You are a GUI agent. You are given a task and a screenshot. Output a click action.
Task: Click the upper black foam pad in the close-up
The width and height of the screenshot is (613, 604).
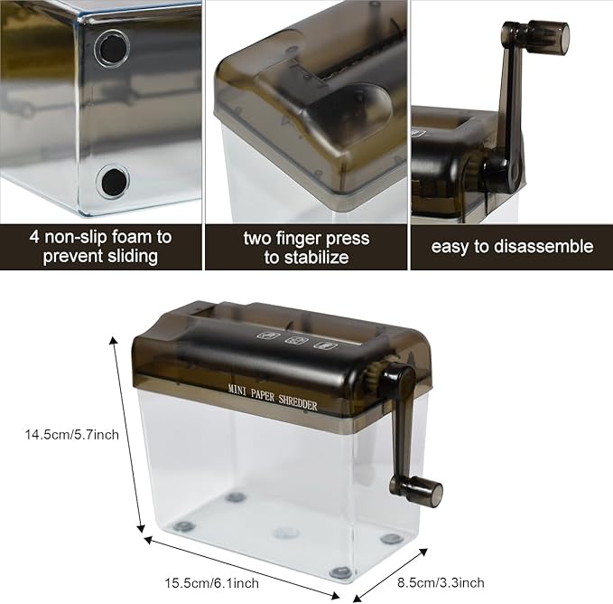113,49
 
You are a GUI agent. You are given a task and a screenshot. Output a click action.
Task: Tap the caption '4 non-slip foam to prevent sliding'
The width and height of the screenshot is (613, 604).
100,247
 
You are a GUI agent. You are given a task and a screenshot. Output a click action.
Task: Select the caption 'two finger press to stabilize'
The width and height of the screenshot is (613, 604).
306,248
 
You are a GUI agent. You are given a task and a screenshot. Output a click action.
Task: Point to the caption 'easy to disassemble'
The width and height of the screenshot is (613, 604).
512,247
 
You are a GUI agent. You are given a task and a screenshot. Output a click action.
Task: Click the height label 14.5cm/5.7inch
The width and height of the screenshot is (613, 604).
72,435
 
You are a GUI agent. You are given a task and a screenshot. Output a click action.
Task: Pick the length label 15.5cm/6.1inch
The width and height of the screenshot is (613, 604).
211,583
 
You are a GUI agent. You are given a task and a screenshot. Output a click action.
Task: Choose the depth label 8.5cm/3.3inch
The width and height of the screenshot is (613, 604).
441,582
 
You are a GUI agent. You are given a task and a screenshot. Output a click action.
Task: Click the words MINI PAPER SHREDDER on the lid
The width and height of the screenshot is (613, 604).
273,397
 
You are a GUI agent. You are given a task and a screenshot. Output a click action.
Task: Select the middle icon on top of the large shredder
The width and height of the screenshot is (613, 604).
296,340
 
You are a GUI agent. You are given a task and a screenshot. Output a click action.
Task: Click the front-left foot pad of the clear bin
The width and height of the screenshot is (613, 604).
183,527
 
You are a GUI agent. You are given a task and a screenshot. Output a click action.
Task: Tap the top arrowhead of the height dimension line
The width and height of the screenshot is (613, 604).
114,340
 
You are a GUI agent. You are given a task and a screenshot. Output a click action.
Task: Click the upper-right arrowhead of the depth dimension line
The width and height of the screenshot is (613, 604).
423,552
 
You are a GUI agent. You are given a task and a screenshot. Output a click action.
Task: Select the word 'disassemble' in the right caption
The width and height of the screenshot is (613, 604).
543,247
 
